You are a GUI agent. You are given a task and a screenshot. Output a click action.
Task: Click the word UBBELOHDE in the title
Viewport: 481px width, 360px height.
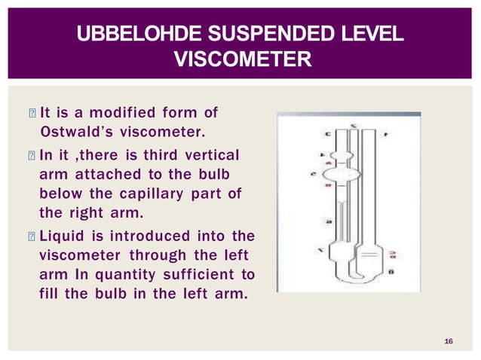coord(125,35)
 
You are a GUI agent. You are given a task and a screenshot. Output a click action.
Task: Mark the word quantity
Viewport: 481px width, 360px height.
coord(126,273)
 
